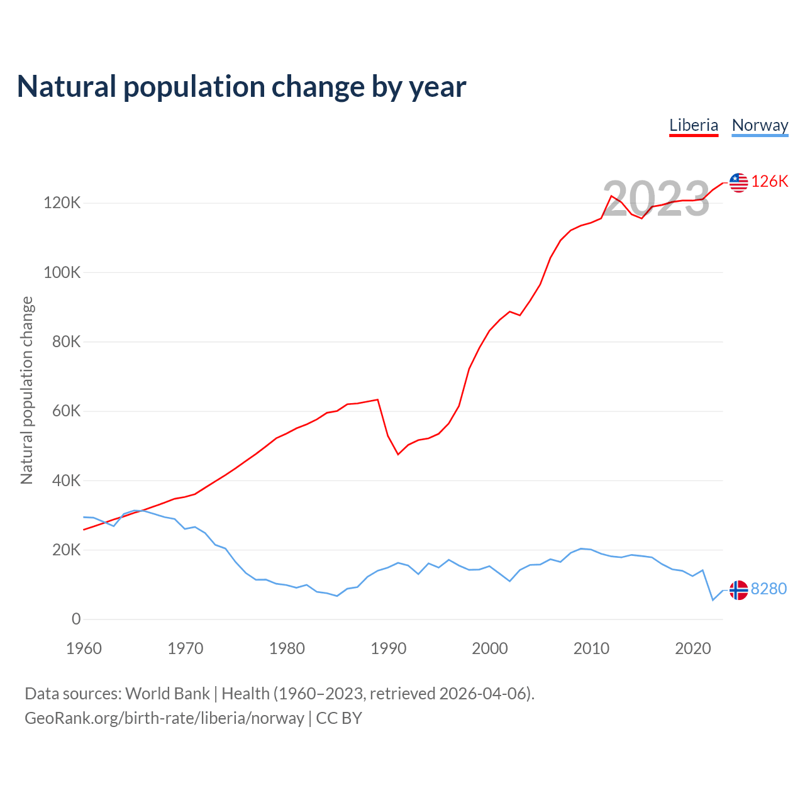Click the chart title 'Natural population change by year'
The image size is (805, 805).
click(x=241, y=87)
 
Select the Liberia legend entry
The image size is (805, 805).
click(x=694, y=125)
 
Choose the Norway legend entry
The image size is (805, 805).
click(x=760, y=125)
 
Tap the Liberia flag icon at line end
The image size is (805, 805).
click(x=738, y=182)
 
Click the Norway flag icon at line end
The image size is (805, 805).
click(x=738, y=590)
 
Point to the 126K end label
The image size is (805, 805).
click(x=770, y=182)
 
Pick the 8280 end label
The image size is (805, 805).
click(x=769, y=589)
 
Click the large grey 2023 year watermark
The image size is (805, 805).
click(x=656, y=199)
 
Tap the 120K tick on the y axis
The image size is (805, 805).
click(x=62, y=203)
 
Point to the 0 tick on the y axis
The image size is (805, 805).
click(x=76, y=619)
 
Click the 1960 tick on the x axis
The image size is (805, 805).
click(x=84, y=648)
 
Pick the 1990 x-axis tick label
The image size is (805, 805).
click(x=389, y=648)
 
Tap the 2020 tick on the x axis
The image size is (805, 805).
click(x=692, y=648)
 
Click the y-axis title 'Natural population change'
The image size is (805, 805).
click(x=27, y=391)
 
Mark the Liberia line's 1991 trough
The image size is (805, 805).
click(x=398, y=454)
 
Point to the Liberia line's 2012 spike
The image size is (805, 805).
click(x=611, y=196)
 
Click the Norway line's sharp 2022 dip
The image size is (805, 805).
click(x=713, y=600)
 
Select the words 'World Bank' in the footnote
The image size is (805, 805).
click(x=167, y=694)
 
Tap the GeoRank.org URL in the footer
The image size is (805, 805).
click(x=164, y=718)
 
